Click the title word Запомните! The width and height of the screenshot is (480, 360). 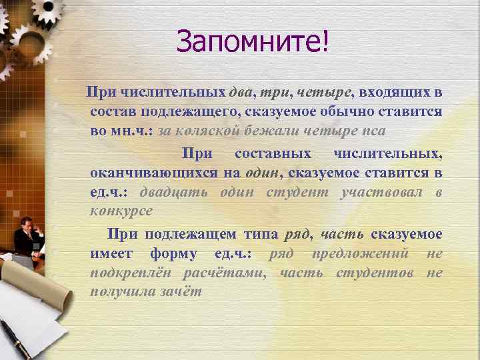point(253,43)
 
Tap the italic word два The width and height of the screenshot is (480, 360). point(243,91)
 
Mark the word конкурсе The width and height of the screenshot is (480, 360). point(121,211)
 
